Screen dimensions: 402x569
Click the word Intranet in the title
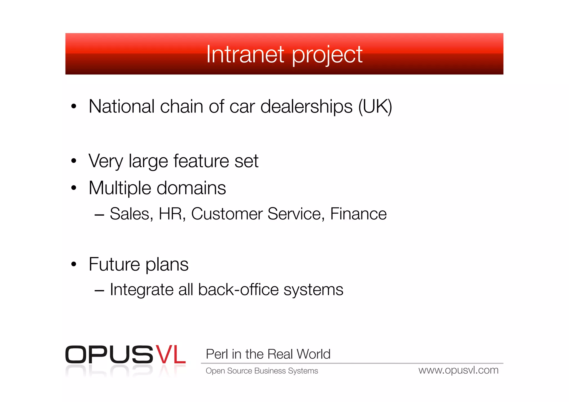tap(245, 54)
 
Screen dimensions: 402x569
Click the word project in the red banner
tap(327, 56)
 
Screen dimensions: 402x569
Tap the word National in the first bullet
tap(121, 107)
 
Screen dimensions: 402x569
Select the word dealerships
tap(306, 107)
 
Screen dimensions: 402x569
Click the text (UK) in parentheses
tap(375, 107)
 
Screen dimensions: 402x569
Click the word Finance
tap(358, 214)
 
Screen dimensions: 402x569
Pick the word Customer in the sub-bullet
tap(227, 214)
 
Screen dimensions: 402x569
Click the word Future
tap(114, 264)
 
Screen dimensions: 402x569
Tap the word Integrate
tap(141, 290)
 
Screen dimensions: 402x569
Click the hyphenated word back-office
tap(238, 290)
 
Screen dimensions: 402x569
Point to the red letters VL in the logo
tap(170, 355)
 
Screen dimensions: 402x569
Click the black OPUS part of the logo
tap(109, 355)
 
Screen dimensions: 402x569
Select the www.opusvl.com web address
tap(458, 370)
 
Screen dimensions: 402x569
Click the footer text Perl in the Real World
tap(268, 354)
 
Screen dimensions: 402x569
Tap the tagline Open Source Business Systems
tap(262, 371)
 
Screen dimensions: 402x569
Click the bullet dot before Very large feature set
tap(74, 161)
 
